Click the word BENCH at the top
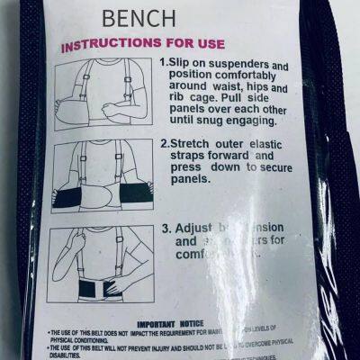tap(139, 19)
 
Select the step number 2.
tap(165, 142)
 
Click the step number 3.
tap(166, 228)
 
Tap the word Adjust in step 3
tap(196, 228)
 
